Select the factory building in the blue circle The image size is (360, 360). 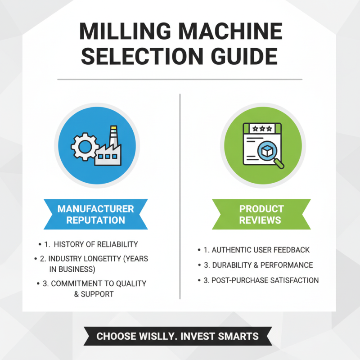(110, 153)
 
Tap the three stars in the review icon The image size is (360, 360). (262, 128)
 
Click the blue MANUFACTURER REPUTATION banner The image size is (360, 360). (95, 215)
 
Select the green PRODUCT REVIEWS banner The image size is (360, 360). (261, 215)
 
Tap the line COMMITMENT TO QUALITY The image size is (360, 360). (99, 284)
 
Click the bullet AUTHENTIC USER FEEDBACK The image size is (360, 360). (261, 250)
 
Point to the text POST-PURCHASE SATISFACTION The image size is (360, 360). (265, 280)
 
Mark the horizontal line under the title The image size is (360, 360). (180, 79)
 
